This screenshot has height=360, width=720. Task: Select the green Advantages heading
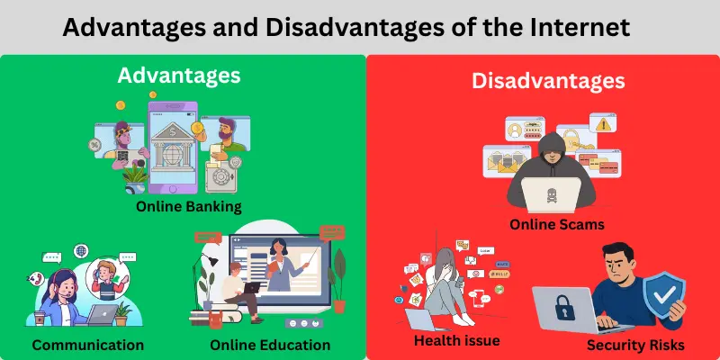tap(179, 76)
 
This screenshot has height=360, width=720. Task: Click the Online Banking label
tap(189, 206)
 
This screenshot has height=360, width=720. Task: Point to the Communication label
tap(87, 345)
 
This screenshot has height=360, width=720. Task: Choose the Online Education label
tap(270, 345)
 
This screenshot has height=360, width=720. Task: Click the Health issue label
tap(456, 340)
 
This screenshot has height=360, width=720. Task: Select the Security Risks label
tap(635, 345)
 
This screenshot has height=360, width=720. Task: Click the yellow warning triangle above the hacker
tap(597, 125)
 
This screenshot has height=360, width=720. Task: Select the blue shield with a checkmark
tap(663, 297)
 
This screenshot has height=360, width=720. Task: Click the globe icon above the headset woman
tap(81, 250)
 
